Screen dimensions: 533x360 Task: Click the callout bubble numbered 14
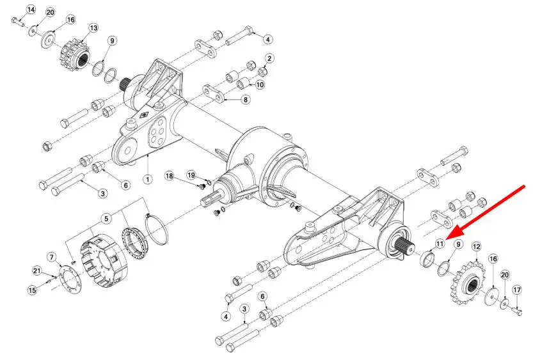pyautogui.click(x=31, y=10)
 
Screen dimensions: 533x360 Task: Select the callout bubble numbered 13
pyautogui.click(x=93, y=28)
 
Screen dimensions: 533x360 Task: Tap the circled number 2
pyautogui.click(x=269, y=58)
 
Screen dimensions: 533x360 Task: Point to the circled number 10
pyautogui.click(x=260, y=84)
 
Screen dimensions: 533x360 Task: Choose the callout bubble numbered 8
pyautogui.click(x=245, y=100)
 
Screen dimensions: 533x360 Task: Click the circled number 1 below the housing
pyautogui.click(x=148, y=178)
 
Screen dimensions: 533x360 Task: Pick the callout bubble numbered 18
pyautogui.click(x=169, y=176)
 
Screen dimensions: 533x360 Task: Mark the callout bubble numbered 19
pyautogui.click(x=191, y=175)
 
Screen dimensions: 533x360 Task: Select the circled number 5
pyautogui.click(x=106, y=219)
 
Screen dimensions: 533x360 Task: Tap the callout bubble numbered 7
pyautogui.click(x=52, y=257)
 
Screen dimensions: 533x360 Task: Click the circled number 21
pyautogui.click(x=37, y=270)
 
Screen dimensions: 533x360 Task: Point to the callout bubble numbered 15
pyautogui.click(x=32, y=290)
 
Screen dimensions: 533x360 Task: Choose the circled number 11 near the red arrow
pyautogui.click(x=440, y=244)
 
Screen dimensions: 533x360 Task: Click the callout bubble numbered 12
pyautogui.click(x=476, y=247)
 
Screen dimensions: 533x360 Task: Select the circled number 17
pyautogui.click(x=517, y=290)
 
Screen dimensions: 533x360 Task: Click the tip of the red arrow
pyautogui.click(x=447, y=239)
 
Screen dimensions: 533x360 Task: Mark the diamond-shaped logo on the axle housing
pyautogui.click(x=145, y=115)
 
